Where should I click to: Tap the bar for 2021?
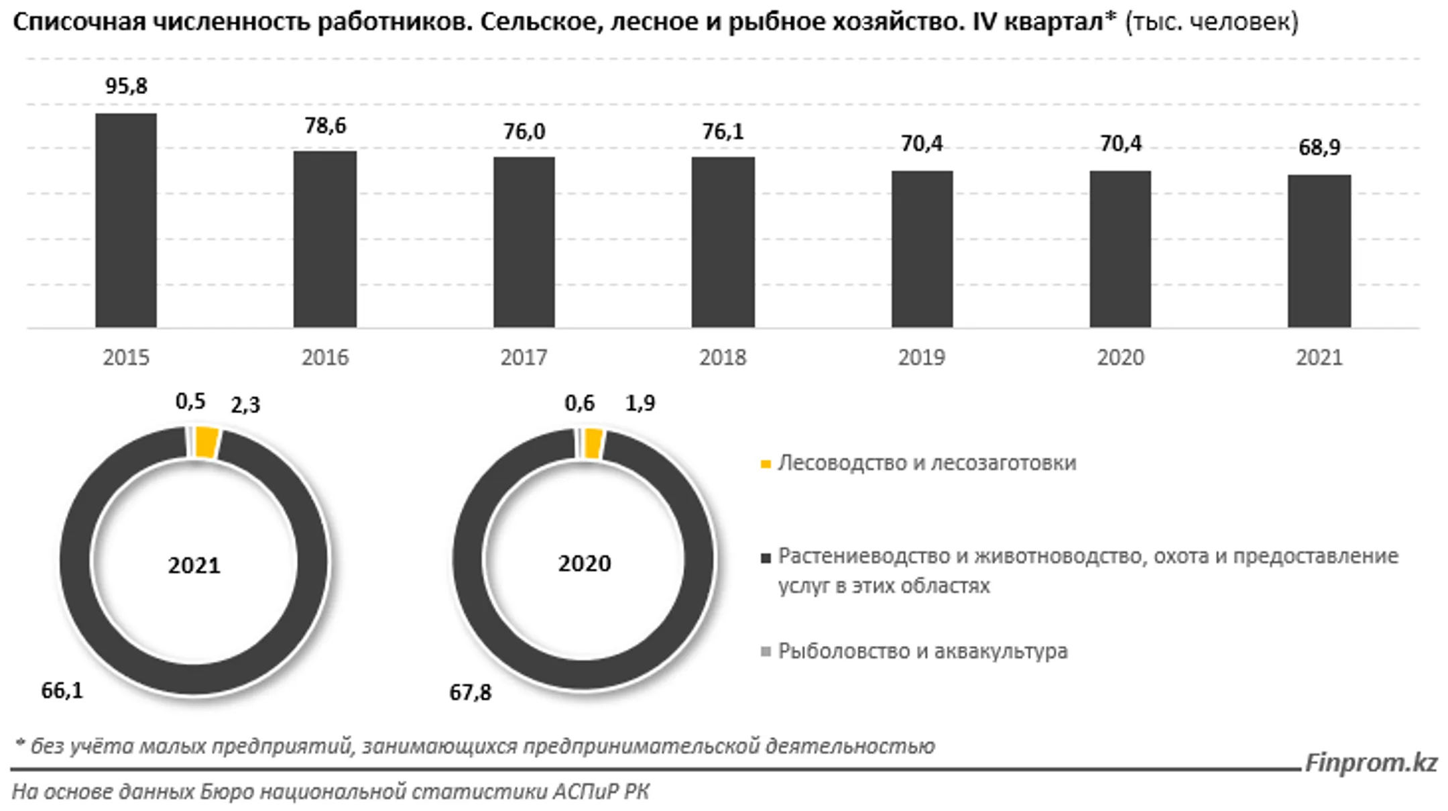tap(1319, 251)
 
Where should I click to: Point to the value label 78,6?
tap(325, 125)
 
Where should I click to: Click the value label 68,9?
tap(1319, 147)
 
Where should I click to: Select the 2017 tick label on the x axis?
tap(524, 357)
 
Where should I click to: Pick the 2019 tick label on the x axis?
tap(921, 357)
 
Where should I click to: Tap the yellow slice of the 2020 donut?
tap(593, 445)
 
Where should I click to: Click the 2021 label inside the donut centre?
tap(194, 565)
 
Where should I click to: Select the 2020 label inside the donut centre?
tap(584, 563)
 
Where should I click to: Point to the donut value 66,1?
tap(62, 690)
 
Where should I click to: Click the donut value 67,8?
tap(470, 692)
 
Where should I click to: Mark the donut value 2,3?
tap(245, 405)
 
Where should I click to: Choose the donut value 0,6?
tap(579, 402)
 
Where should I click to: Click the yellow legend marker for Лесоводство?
tap(766, 464)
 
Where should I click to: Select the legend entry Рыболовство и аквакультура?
tap(922, 651)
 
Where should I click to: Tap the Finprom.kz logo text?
tap(1371, 763)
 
